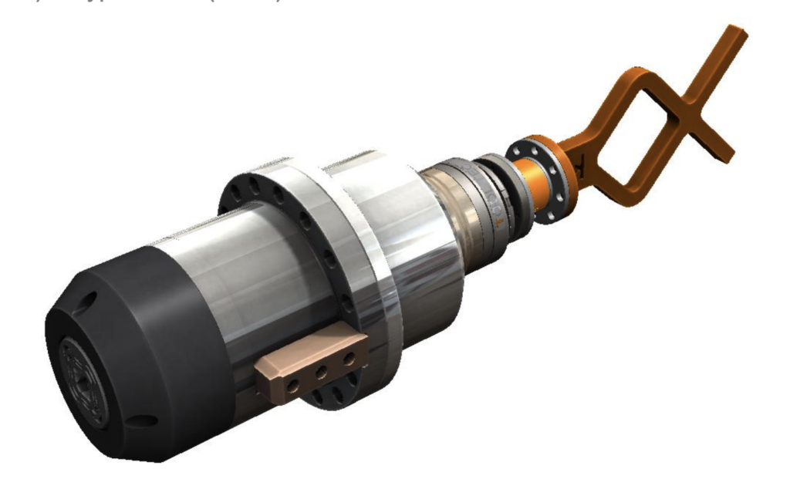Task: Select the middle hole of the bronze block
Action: point(321,372)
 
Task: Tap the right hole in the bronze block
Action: point(349,360)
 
